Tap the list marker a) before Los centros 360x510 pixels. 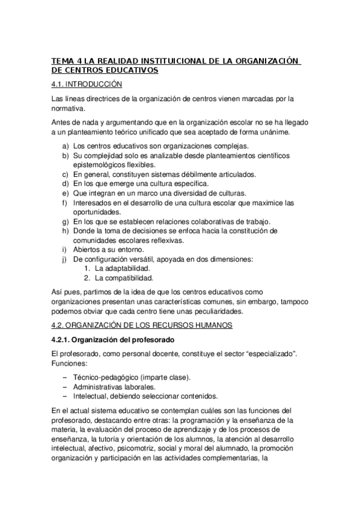point(64,146)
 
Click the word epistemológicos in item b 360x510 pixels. point(100,165)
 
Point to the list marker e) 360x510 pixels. point(64,192)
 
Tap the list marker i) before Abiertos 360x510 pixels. point(64,249)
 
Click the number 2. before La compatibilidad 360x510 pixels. point(87,278)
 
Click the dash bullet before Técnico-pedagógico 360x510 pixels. point(64,377)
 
